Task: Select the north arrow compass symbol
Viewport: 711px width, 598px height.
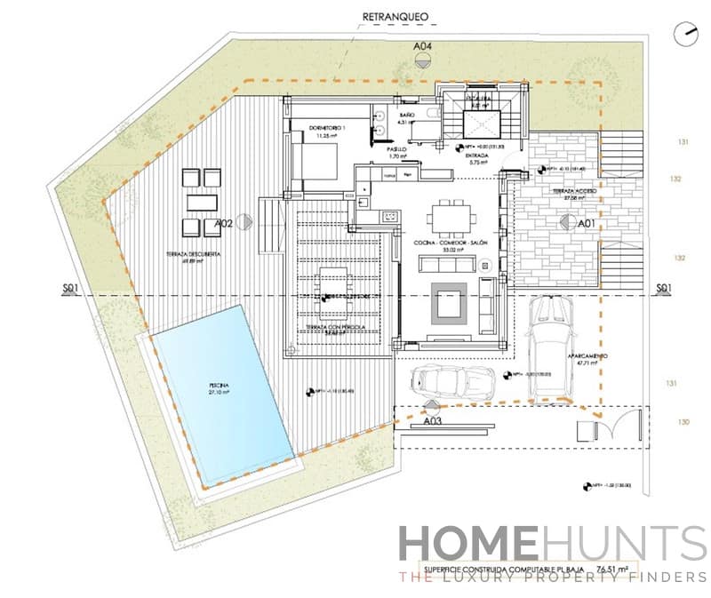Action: coord(684,35)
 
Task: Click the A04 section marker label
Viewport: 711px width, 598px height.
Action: coord(423,45)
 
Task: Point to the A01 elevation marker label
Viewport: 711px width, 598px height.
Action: coord(586,225)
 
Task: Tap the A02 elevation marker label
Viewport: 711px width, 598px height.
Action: coord(224,225)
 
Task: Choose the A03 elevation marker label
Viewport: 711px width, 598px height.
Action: coord(433,421)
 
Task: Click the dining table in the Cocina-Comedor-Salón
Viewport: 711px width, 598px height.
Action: coord(452,216)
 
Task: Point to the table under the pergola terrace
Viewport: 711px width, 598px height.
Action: coord(336,283)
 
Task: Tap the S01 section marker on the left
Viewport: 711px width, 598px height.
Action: coord(72,288)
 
